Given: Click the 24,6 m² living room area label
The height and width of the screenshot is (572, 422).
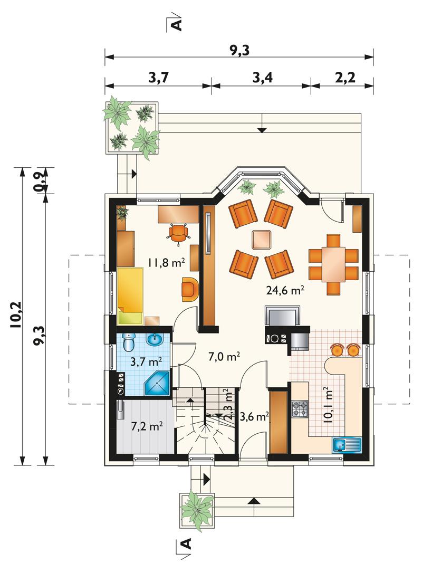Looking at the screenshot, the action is point(285,290).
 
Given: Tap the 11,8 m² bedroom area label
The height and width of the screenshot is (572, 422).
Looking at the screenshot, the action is point(166,262).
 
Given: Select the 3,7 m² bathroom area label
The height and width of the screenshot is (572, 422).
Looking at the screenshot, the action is point(146,361).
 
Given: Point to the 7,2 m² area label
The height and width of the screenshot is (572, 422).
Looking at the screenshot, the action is point(147,426).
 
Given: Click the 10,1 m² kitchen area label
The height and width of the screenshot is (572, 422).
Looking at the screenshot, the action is point(328,405).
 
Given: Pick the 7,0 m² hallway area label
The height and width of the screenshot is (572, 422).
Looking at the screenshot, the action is point(224,356).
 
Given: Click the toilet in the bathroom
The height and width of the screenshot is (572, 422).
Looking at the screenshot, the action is point(128,342).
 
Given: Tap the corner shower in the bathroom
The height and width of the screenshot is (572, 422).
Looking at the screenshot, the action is point(157,384).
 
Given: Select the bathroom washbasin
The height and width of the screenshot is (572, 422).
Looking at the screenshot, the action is point(156,339).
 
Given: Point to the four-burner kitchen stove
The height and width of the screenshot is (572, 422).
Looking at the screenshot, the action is point(300,409).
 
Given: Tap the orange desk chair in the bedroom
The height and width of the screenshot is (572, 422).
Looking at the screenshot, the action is point(178,232).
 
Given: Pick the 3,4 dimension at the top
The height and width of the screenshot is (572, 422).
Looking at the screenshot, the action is point(263,78).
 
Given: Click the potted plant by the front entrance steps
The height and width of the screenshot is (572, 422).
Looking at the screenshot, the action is point(197,510).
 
